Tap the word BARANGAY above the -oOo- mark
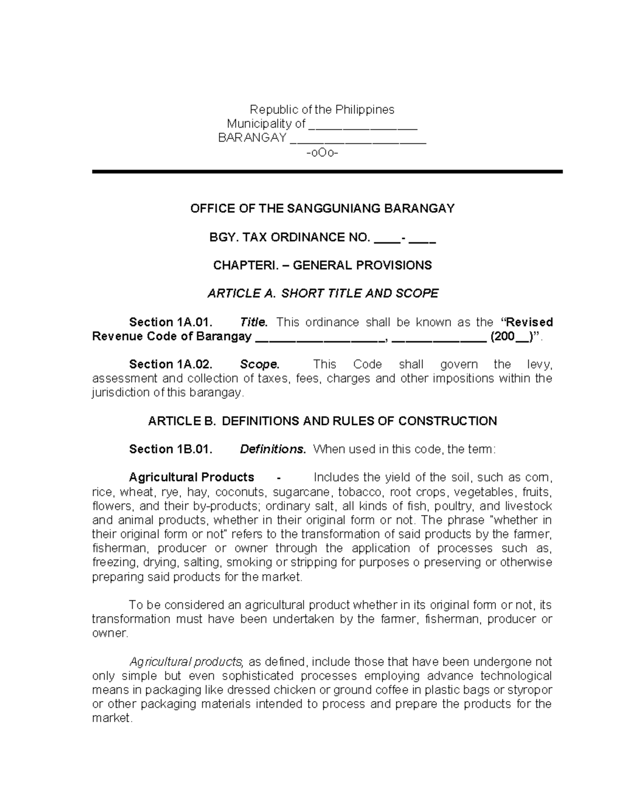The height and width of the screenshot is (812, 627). point(252,138)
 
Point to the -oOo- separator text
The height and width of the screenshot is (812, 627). point(322,153)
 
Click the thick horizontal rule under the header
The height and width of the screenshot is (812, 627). point(327,171)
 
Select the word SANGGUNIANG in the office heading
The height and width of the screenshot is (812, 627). point(334,209)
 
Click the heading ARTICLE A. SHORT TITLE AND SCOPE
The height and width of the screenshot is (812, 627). point(322,294)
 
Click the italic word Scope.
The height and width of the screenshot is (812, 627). point(260,364)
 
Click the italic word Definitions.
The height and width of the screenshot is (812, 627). point(272,449)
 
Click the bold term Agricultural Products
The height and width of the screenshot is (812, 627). point(191,477)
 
